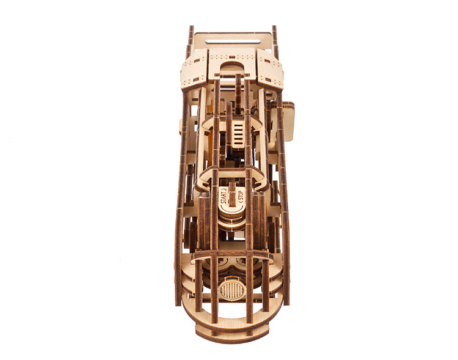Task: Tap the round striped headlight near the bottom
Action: coord(231,290)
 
